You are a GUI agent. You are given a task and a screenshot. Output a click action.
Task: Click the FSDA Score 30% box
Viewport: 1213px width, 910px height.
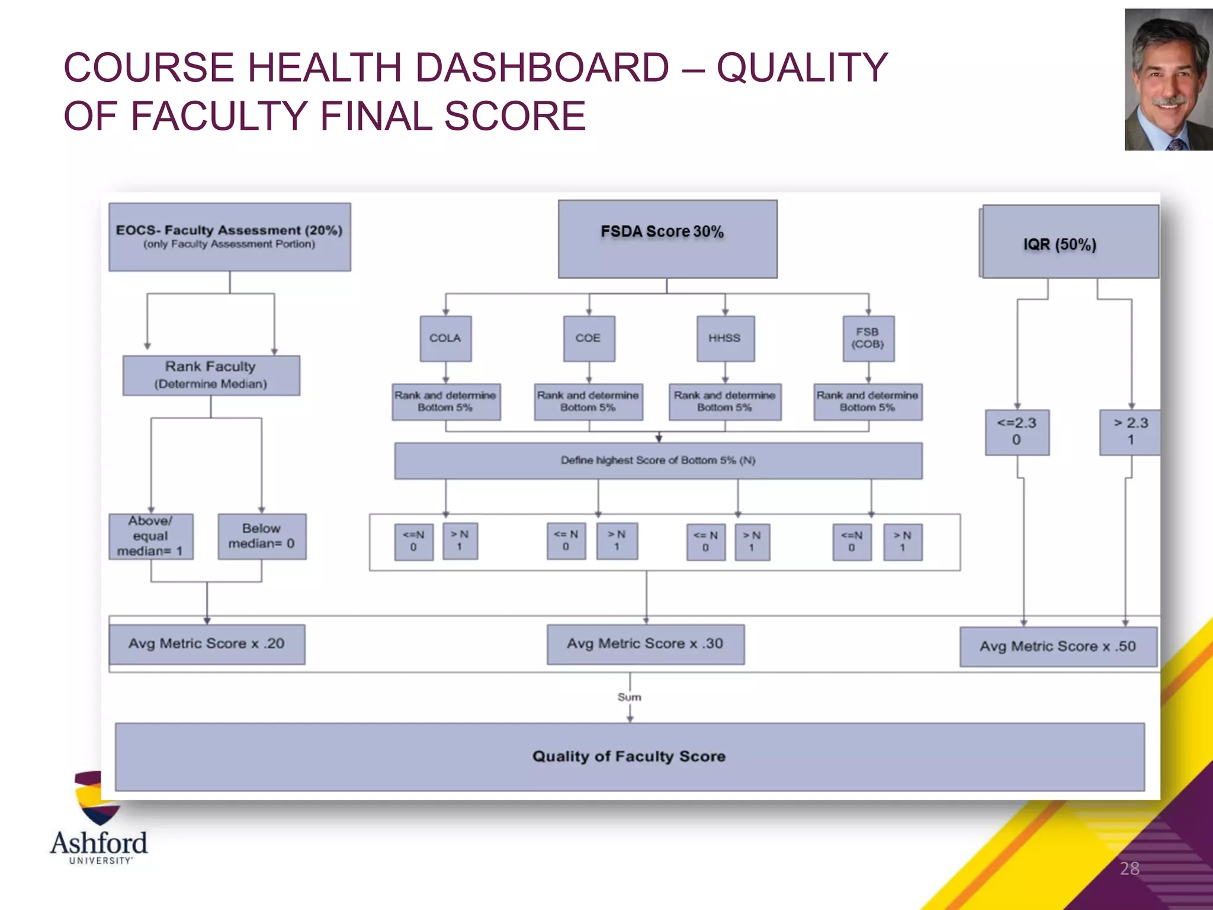[668, 239]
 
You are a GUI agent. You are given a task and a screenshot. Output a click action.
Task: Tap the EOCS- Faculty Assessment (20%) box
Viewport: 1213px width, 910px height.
[229, 237]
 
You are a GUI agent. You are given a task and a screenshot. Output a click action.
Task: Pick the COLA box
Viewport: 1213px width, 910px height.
[445, 338]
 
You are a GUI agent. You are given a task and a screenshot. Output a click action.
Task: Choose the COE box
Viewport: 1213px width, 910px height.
[589, 338]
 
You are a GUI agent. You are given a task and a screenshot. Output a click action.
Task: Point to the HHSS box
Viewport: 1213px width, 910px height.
[725, 338]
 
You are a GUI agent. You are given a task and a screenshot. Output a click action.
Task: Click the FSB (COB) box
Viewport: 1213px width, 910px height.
[868, 338]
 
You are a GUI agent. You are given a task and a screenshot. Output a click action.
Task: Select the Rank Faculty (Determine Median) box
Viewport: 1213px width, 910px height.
[211, 375]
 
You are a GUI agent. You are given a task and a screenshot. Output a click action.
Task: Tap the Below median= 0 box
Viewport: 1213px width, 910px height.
[262, 536]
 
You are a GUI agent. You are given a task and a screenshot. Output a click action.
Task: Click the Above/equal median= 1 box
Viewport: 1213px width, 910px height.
[150, 536]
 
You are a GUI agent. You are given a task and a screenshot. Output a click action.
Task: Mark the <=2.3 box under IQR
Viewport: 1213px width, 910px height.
[1017, 432]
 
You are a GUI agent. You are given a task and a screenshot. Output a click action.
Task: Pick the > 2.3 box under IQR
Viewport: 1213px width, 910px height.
[1130, 432]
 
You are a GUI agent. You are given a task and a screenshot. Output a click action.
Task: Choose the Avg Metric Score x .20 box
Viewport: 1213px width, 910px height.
[207, 644]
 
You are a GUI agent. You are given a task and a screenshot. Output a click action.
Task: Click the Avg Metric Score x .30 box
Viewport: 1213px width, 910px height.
[646, 644]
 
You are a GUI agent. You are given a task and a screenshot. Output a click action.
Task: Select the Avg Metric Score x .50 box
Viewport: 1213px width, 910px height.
[1058, 646]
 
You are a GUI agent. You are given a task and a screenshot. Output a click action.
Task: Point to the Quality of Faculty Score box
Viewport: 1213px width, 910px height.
[629, 757]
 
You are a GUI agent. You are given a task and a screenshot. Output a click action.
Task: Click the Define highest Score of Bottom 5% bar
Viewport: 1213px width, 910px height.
[658, 460]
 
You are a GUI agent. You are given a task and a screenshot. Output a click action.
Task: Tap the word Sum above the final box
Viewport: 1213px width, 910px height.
[629, 697]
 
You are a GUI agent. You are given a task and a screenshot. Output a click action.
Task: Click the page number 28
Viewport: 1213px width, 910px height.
[1129, 869]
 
